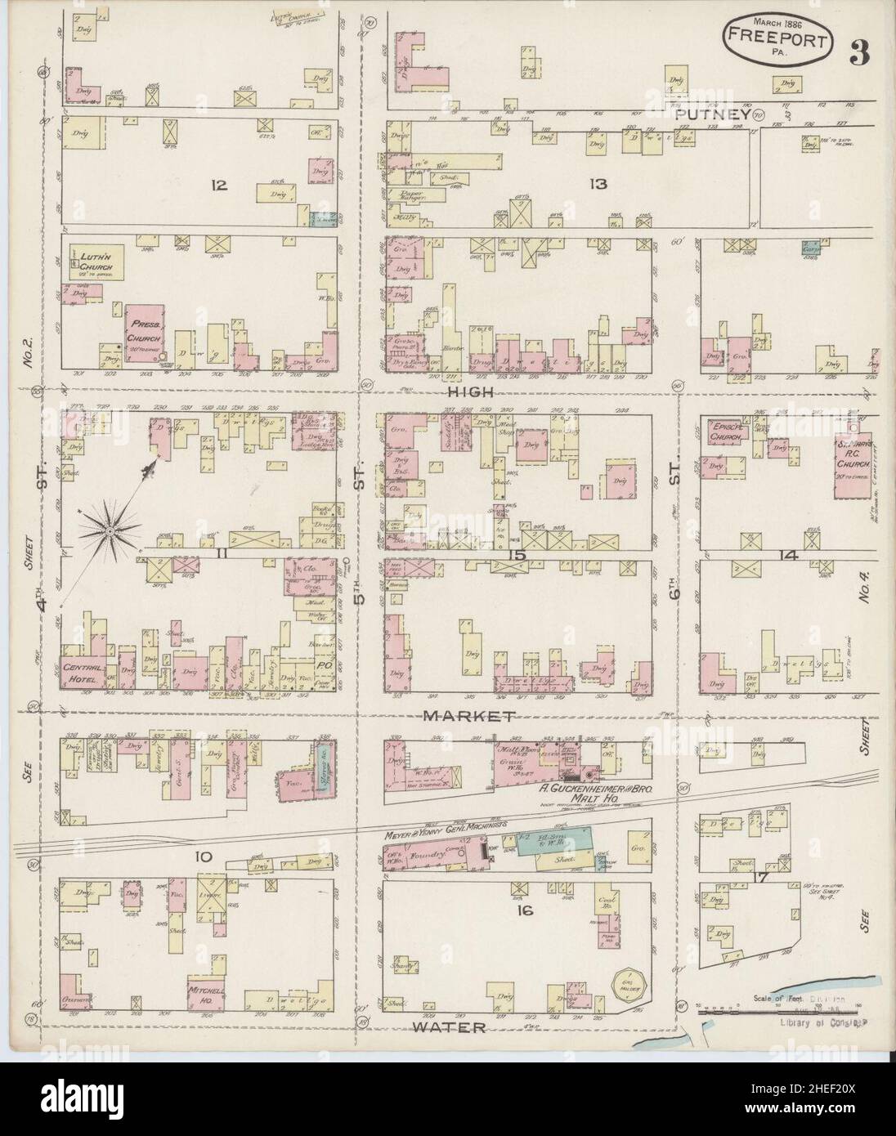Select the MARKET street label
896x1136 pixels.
[x=468, y=716]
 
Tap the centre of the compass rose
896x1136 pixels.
[x=108, y=531]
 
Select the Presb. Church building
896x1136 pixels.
[x=146, y=334]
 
